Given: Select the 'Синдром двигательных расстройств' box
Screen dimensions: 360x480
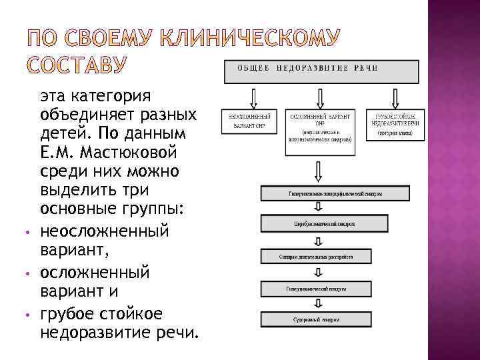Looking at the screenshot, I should coord(316,255).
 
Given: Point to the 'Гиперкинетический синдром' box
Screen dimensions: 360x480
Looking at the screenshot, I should coord(316,288).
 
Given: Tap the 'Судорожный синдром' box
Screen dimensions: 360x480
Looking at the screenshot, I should coord(316,319).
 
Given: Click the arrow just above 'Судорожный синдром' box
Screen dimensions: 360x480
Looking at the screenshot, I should coord(317,303).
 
